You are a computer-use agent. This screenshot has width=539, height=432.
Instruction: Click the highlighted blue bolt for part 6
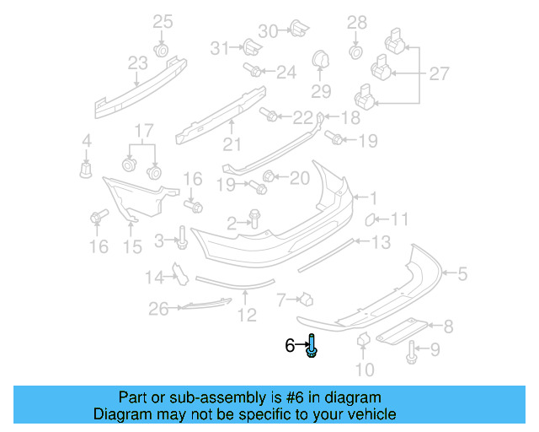pyautogui.click(x=312, y=346)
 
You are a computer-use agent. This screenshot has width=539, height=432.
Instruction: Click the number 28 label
pyautogui.click(x=357, y=22)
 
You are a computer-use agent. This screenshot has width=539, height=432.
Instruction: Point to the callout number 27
pyautogui.click(x=439, y=74)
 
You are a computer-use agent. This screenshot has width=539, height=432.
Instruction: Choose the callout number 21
pyautogui.click(x=232, y=143)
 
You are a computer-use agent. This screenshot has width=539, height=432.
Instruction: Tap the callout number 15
pyautogui.click(x=132, y=246)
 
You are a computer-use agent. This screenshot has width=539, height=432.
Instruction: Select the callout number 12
pyautogui.click(x=246, y=316)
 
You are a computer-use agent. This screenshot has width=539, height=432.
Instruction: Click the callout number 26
pyautogui.click(x=159, y=310)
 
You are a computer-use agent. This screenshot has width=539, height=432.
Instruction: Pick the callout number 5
pyautogui.click(x=462, y=273)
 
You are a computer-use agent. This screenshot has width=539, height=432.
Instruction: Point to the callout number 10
pyautogui.click(x=364, y=369)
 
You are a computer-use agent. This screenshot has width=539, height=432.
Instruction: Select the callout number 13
pyautogui.click(x=381, y=243)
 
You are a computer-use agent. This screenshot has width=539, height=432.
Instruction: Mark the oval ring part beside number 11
pyautogui.click(x=369, y=221)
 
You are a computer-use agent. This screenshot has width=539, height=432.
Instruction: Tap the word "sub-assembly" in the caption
pyautogui.click(x=203, y=397)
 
